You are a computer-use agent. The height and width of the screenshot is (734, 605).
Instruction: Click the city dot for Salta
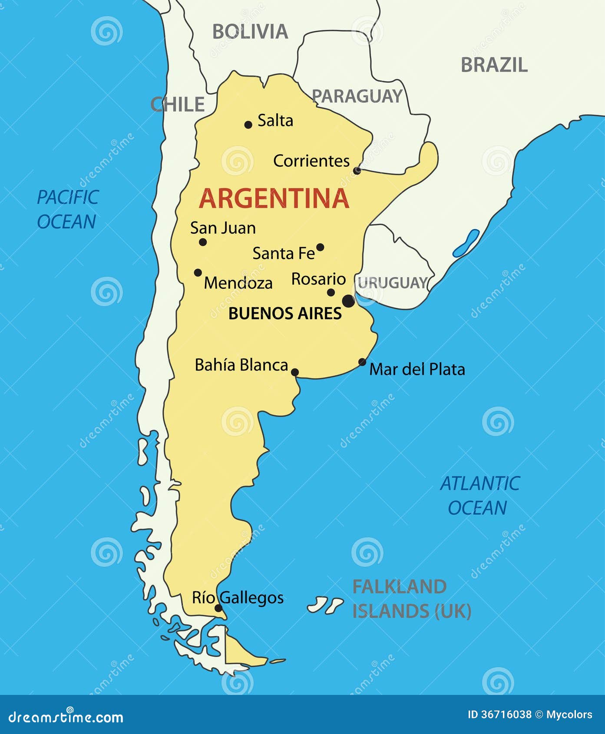pyautogui.click(x=248, y=125)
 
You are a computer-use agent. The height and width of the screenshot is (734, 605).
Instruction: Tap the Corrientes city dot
pyautogui.click(x=357, y=171)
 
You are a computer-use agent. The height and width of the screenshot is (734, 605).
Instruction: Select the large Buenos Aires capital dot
pyautogui.click(x=348, y=301)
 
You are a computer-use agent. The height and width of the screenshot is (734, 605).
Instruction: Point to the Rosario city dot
pyautogui.click(x=331, y=292)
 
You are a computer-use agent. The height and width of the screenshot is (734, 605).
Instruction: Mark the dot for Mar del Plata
pyautogui.click(x=362, y=362)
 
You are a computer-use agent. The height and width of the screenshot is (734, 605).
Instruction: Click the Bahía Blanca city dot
pyautogui.click(x=295, y=372)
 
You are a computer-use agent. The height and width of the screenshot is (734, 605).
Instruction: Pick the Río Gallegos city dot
pyautogui.click(x=218, y=608)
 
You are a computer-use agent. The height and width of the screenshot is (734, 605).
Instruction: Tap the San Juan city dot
pyautogui.click(x=203, y=242)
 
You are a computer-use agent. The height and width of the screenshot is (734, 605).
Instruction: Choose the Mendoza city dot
pyautogui.click(x=198, y=273)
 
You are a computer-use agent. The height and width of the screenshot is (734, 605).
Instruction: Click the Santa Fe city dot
pyautogui.click(x=320, y=247)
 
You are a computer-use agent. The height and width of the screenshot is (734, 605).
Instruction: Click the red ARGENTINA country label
pyautogui.click(x=274, y=198)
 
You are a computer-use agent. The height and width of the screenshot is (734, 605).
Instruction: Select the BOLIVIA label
pyautogui.click(x=250, y=32)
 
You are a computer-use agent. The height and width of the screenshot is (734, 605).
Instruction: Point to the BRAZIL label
pyautogui.click(x=494, y=65)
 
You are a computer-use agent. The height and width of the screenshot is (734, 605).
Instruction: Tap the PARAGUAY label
pyautogui.click(x=357, y=96)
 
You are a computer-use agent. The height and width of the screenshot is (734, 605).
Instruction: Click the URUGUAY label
pyautogui.click(x=393, y=283)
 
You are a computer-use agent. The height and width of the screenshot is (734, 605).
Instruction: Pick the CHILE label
pyautogui.click(x=177, y=105)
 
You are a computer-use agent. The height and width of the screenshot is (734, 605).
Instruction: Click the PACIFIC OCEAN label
pyautogui.click(x=67, y=209)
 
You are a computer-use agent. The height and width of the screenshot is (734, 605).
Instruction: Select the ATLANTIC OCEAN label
pyautogui.click(x=479, y=496)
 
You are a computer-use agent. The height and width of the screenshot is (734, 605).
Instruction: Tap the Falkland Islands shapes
pyautogui.click(x=325, y=605)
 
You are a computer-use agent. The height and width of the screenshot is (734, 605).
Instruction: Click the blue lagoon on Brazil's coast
pyautogui.click(x=466, y=243)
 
